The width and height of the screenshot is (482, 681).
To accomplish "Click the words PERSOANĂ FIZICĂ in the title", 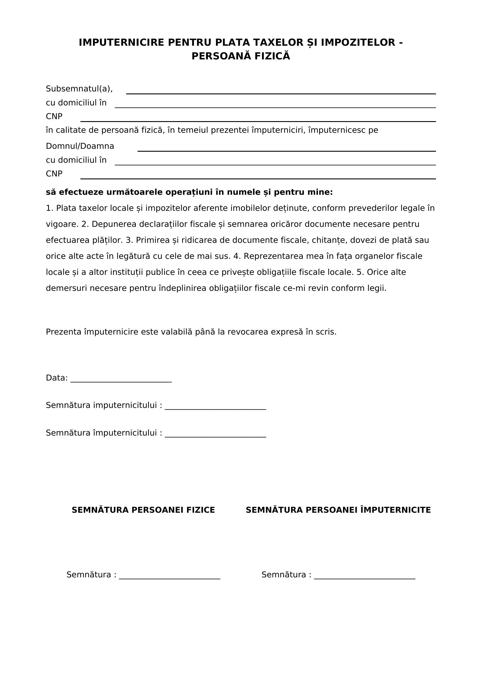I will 241,56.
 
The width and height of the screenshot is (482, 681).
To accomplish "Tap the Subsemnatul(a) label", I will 79,89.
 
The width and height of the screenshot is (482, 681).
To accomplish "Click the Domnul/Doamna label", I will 80,146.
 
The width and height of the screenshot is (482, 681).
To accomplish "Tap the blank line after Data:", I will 121,381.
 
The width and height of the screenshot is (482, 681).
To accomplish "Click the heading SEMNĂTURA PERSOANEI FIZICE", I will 143,510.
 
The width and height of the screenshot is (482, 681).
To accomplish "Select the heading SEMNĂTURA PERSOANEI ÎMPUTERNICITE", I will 338,510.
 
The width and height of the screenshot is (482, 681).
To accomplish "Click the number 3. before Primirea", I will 129,240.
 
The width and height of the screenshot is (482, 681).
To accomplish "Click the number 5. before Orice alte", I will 360,272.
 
